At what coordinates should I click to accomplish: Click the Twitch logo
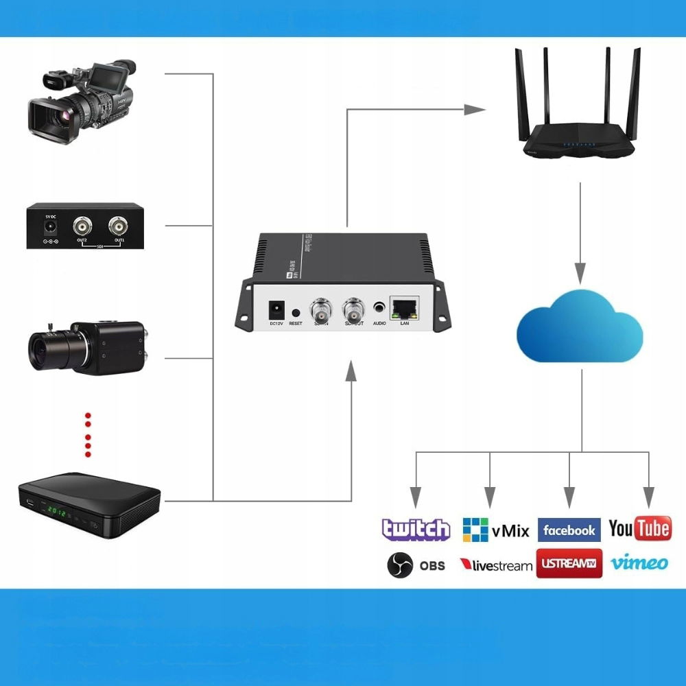click(x=416, y=530)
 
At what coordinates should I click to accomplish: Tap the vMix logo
click(x=496, y=530)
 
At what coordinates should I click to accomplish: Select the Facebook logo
click(x=569, y=530)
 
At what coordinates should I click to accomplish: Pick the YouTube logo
click(x=639, y=528)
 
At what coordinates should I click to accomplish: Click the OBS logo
click(x=416, y=565)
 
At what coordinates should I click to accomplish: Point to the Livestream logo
click(x=496, y=565)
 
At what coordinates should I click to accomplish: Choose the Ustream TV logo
click(x=569, y=564)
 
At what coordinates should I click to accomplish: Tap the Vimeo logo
click(x=639, y=563)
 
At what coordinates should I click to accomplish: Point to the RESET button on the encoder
click(x=296, y=311)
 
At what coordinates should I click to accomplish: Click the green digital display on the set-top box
click(x=55, y=512)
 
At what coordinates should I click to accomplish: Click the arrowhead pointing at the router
click(x=474, y=109)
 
